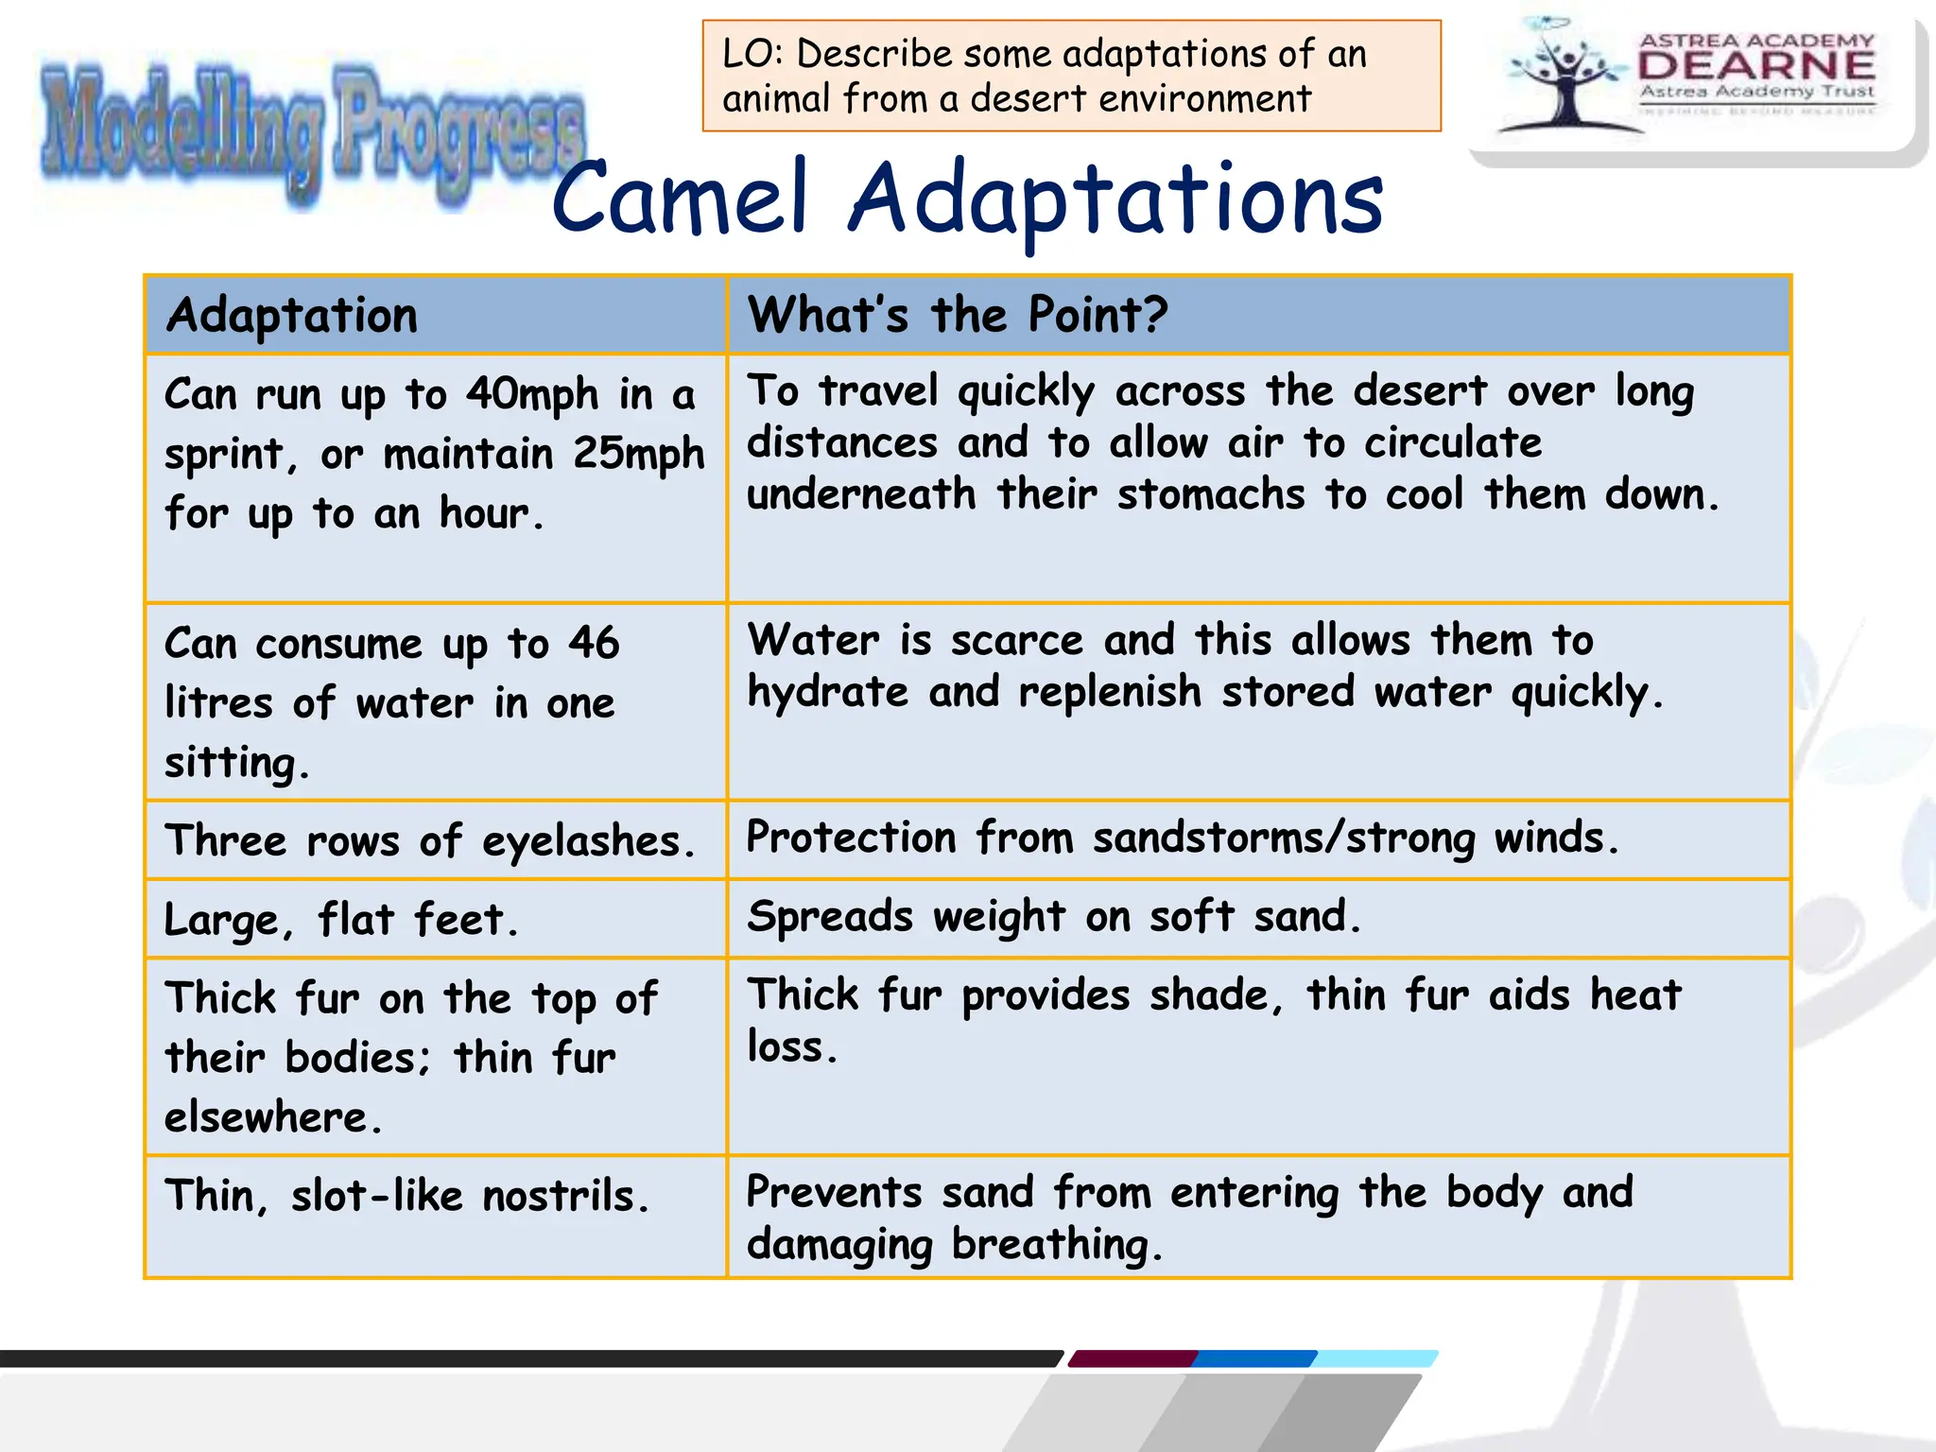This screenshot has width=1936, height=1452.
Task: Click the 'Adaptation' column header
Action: pos(291,316)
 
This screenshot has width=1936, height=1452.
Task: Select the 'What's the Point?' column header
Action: pos(957,316)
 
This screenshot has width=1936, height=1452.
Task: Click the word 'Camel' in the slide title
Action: pos(681,199)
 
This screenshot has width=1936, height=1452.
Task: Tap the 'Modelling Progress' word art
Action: pos(312,132)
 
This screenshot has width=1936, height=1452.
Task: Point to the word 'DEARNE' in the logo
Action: pos(1756,65)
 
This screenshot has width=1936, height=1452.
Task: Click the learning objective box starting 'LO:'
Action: pos(1071,76)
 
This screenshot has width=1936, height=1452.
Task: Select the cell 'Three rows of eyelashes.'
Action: pos(430,840)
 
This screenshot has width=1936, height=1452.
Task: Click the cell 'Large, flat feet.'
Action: pos(341,920)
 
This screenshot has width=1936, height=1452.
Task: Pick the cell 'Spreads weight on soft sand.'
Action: pos(1054,917)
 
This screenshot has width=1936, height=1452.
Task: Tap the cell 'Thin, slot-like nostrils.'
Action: pos(407,1196)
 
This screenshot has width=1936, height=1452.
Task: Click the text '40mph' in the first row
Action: pos(532,395)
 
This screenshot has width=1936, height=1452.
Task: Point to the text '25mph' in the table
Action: pos(639,455)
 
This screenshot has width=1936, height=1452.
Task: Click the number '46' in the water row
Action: pos(594,644)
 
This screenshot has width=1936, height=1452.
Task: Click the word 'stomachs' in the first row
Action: pos(1211,495)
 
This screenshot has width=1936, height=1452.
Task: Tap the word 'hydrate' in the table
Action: pos(827,693)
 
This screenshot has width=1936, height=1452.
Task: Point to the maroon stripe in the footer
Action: pos(1132,1358)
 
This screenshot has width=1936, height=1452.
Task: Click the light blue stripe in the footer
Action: pos(1375,1358)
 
